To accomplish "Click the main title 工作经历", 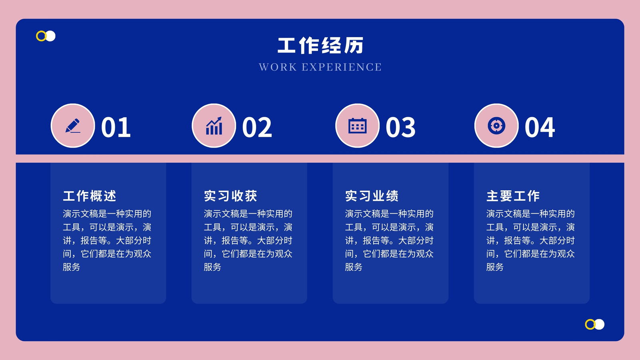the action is pos(320,46).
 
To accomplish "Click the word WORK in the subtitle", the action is pos(278,67).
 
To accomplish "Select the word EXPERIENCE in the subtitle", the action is pos(342,67).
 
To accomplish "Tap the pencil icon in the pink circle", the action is pos(73,126).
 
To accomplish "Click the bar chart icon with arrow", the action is pos(214,126).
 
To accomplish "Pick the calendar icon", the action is pos(358,126).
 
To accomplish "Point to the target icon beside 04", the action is pos(496,126).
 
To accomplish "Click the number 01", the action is pos(116,128).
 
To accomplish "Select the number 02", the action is pos(257,128).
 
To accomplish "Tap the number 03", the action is pos(400,128).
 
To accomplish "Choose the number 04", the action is pos(540,128).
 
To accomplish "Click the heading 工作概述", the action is pos(90,196).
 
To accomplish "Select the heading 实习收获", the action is pos(230,196).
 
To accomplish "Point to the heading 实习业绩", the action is pos(372,196).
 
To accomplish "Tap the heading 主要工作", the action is pos(513,196).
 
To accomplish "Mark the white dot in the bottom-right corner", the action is pos(600,324).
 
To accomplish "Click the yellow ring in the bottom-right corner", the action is pos(586,324).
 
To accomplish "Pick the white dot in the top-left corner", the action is pos(51,36).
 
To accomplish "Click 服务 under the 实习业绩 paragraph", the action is pos(354,267).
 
